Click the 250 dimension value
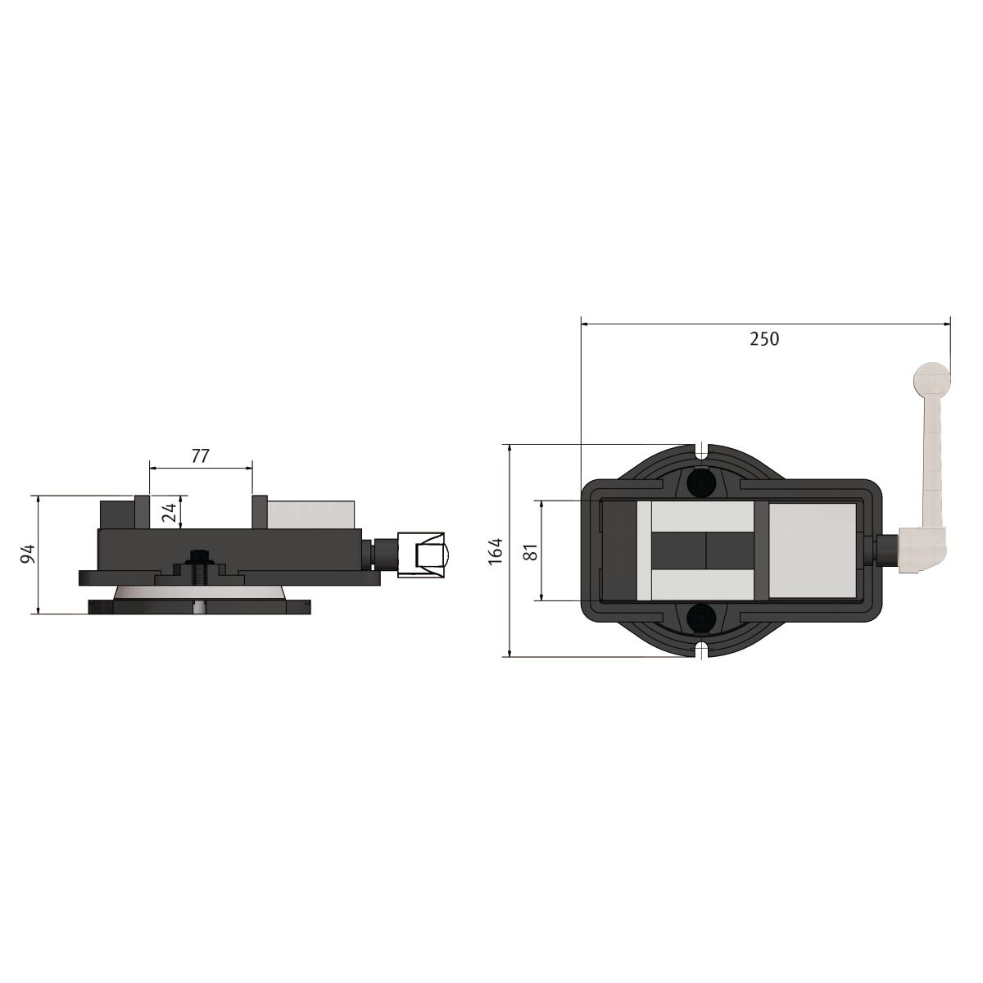764,339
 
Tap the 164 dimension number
496,551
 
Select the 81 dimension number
532,552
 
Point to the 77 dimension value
201,455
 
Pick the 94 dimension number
27,554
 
